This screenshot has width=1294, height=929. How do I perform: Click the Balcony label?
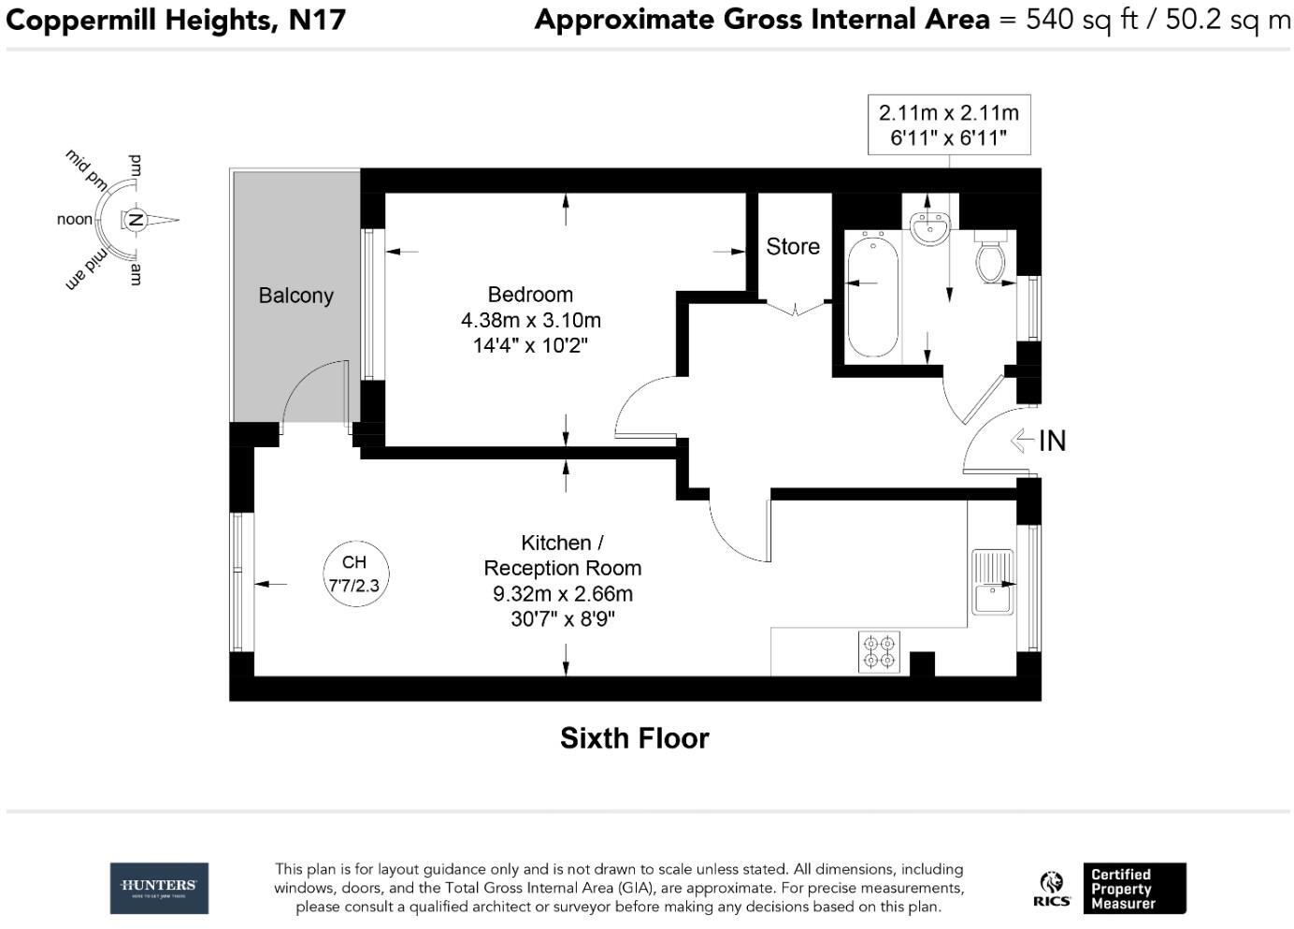[x=295, y=296]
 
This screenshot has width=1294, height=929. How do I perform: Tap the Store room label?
[x=793, y=246]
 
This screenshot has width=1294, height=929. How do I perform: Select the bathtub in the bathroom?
[x=873, y=295]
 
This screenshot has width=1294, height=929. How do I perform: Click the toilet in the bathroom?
[x=991, y=258]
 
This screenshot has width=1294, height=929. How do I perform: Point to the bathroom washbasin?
[x=929, y=227]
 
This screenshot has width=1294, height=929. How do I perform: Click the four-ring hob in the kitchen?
[x=879, y=651]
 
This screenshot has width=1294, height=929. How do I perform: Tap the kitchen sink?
[x=992, y=582]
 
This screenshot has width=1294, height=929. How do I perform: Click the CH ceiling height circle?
[x=355, y=573]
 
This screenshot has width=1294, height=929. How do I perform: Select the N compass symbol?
[x=137, y=220]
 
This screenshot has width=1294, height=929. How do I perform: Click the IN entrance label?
[x=1052, y=441]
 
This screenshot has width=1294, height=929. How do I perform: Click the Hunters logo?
[x=159, y=889]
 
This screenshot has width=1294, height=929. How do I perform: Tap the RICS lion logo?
[x=1051, y=889]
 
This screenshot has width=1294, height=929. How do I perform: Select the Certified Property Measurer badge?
[x=1134, y=889]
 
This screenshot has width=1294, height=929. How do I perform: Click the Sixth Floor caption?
[x=634, y=738]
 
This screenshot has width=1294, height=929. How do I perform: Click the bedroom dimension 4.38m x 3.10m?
[x=531, y=320]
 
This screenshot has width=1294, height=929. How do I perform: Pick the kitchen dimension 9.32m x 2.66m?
[x=563, y=594]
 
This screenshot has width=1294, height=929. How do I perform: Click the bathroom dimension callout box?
[x=949, y=124]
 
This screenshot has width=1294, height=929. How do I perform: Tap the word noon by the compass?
[x=75, y=219]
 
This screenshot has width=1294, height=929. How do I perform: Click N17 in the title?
[x=317, y=20]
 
